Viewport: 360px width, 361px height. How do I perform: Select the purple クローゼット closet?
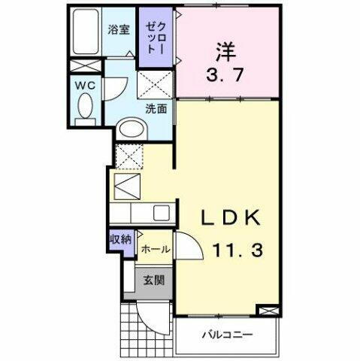155,35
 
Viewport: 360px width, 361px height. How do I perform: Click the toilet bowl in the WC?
84,111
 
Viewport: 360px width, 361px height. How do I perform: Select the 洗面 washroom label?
156,108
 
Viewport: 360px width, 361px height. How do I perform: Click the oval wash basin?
134,130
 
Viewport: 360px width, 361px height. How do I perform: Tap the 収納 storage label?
120,241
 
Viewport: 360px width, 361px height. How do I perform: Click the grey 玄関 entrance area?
155,281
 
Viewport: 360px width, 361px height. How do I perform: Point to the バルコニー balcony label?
227,334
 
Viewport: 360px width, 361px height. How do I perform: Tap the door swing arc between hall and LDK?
187,244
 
